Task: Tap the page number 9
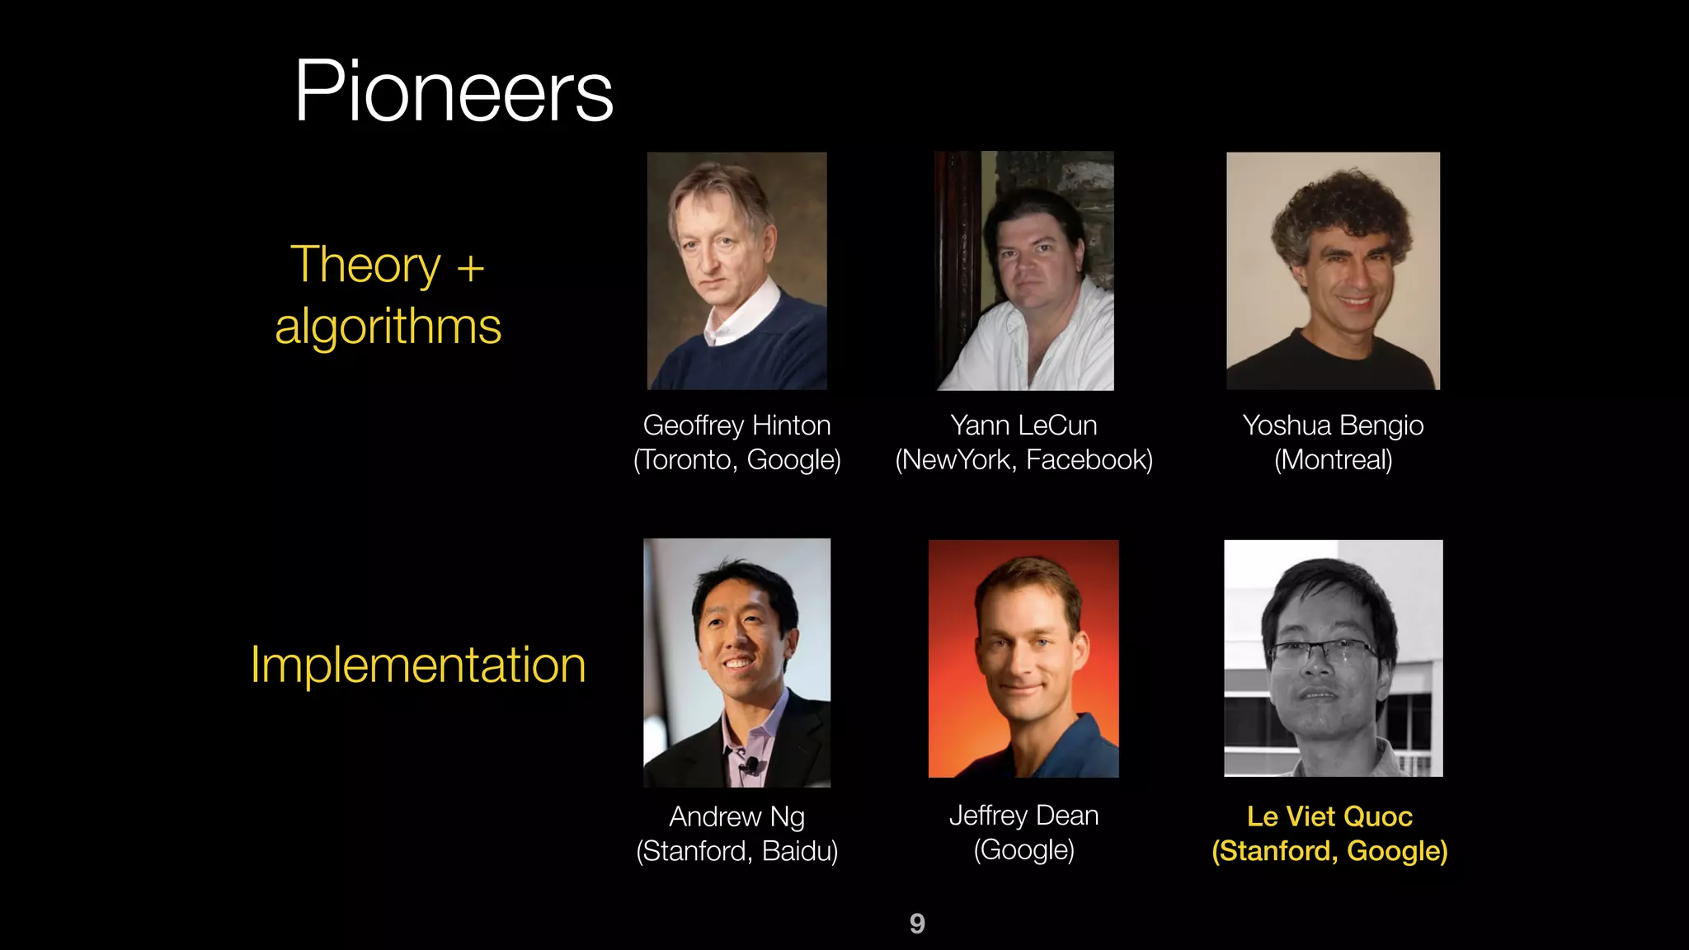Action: pos(917,923)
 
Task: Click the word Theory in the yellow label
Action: pos(365,265)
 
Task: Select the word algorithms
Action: pos(388,327)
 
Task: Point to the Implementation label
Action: pos(418,665)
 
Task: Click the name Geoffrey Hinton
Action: pos(736,426)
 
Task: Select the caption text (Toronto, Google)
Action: pos(736,460)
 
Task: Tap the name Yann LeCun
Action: pos(1023,426)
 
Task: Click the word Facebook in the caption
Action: pos(1089,460)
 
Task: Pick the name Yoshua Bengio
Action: pos(1333,426)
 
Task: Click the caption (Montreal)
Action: pos(1333,460)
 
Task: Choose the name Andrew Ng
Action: pos(736,816)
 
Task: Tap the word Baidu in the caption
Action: pos(798,851)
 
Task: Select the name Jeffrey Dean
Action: pos(1023,816)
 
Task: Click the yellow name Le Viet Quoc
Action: pos(1329,816)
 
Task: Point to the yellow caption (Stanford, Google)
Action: pos(1329,851)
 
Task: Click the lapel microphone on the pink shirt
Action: pos(750,765)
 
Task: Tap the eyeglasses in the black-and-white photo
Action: pos(1323,654)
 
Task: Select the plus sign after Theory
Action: pos(470,268)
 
